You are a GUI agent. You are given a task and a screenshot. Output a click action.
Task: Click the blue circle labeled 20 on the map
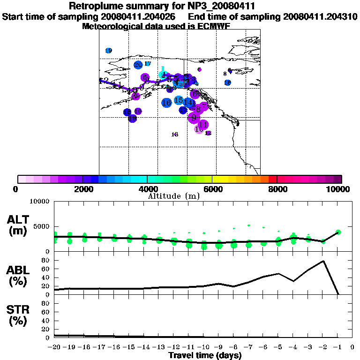coord(138,65)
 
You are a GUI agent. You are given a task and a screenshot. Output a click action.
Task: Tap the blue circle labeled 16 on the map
coord(166,103)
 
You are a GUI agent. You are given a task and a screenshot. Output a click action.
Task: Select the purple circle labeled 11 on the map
coord(203,125)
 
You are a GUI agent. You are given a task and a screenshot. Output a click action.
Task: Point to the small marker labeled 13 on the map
coord(175,135)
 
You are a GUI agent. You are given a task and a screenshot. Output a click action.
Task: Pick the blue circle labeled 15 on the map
coord(179,100)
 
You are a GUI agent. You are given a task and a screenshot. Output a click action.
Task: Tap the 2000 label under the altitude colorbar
coord(82,189)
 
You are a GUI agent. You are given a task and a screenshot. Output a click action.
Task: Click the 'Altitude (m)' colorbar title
coord(173,196)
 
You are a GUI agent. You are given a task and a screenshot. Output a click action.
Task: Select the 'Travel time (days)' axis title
coord(205,355)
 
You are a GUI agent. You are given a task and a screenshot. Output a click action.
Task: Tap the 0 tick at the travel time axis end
coord(352,347)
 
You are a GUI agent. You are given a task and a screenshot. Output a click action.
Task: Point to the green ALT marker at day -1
coord(338,232)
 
